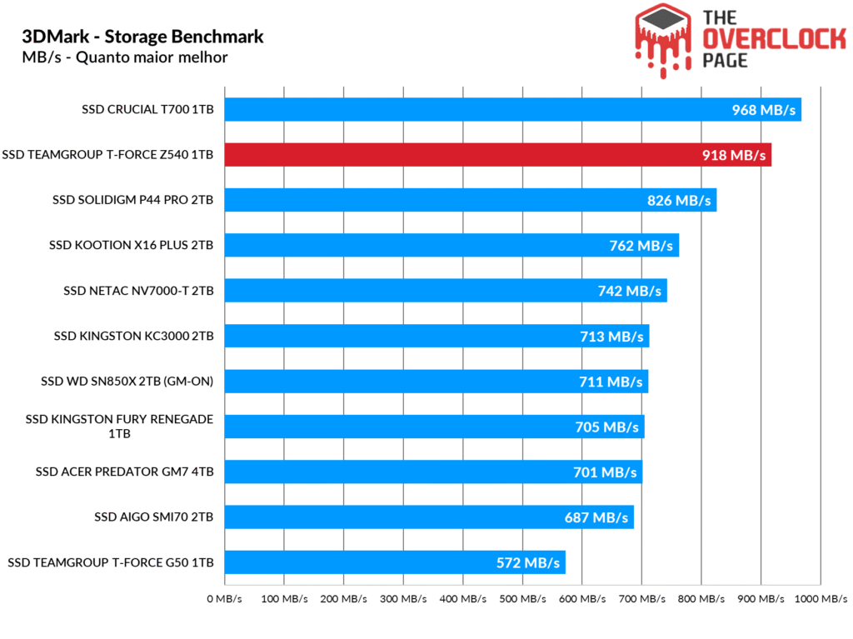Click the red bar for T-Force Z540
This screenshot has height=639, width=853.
click(497, 155)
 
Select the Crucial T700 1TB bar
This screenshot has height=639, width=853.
click(512, 110)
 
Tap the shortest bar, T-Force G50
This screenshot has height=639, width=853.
click(395, 562)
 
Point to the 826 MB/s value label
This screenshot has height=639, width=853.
click(679, 201)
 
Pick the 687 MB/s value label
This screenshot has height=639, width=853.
click(596, 517)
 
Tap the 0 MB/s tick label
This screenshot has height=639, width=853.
click(224, 598)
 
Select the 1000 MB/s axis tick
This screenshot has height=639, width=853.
click(820, 598)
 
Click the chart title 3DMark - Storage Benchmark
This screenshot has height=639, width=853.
click(142, 37)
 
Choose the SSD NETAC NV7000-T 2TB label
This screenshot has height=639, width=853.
click(138, 291)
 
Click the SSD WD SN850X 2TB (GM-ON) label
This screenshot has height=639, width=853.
click(127, 382)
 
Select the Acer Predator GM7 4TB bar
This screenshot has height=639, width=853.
click(433, 472)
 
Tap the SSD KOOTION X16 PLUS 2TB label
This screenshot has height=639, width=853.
click(131, 246)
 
